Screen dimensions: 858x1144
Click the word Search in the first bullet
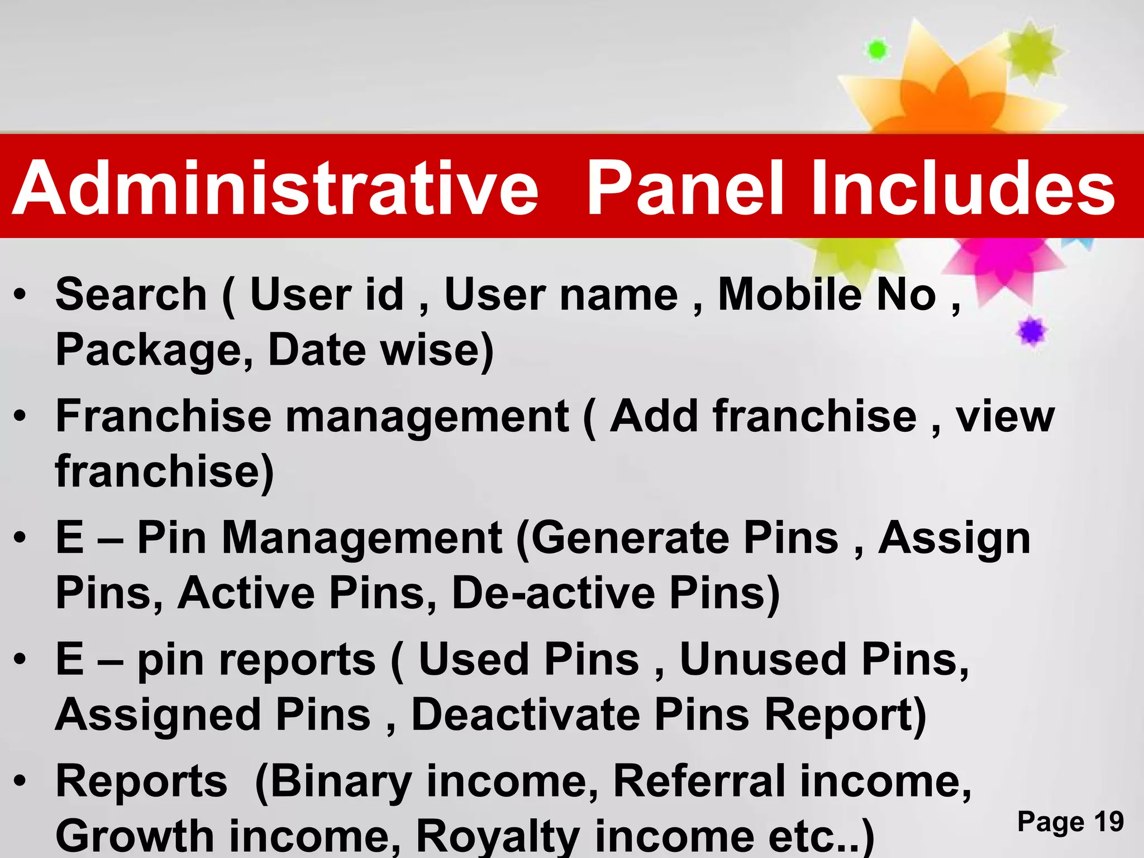pos(131,294)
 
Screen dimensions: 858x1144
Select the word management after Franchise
pos(427,416)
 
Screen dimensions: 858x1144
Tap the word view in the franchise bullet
pos(1005,416)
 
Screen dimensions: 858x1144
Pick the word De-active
pos(553,593)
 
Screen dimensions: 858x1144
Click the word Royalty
pos(498,836)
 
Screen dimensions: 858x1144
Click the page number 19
pos(1108,822)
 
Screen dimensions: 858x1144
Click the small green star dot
pos(877,50)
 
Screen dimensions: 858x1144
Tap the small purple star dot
pos(1031,332)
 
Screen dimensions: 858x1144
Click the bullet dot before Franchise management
pos(20,416)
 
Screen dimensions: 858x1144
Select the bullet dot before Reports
pos(20,781)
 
